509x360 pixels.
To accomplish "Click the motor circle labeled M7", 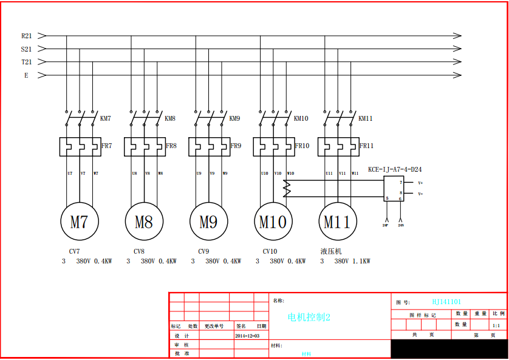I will [79, 222].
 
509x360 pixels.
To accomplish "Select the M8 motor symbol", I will [144, 222].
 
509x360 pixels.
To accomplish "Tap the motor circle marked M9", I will [208, 222].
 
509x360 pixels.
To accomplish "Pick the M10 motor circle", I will [273, 222].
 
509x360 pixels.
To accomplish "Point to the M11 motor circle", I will [337, 222].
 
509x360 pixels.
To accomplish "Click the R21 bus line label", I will [27, 36].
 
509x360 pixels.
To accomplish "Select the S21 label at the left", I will [27, 49].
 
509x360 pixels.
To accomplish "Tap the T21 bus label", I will [27, 62].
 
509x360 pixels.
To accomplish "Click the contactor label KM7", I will [106, 119].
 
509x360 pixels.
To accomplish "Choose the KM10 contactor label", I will [301, 119].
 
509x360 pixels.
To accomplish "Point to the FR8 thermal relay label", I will [171, 146].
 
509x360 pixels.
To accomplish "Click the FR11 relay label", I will [366, 146].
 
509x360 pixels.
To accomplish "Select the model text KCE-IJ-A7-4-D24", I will [395, 170].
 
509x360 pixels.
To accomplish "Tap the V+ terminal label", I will [420, 183].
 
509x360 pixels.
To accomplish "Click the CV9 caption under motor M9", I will [203, 251].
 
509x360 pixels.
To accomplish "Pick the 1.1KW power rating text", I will [361, 262].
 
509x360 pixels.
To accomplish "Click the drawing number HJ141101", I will [446, 302].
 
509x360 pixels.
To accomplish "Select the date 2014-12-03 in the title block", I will [247, 335].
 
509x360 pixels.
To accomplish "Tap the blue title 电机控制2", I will [309, 317].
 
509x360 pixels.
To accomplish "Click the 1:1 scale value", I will [496, 325].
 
